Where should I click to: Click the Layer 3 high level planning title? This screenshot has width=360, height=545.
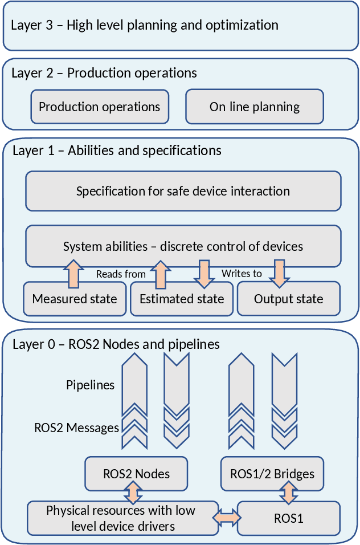[x=145, y=25]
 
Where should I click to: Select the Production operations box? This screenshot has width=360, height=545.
[x=100, y=107]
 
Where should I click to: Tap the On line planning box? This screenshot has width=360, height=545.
[x=255, y=107]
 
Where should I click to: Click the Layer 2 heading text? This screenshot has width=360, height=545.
[x=104, y=73]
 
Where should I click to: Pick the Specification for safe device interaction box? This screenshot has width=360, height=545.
[x=183, y=191]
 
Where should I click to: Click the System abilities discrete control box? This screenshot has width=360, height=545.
[x=183, y=246]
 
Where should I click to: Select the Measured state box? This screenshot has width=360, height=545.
[x=75, y=299]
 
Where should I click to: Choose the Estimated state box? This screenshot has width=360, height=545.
[x=182, y=299]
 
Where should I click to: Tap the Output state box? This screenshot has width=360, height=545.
[x=288, y=299]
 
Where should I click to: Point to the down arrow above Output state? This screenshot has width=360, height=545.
[x=279, y=272]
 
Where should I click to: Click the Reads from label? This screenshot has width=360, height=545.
[x=121, y=274]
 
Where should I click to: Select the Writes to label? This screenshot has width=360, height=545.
[x=242, y=274]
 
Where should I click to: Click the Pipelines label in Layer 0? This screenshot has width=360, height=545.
[x=90, y=385]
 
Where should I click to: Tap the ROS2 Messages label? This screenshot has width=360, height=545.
[x=77, y=428]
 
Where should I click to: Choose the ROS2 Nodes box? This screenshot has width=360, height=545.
[x=136, y=474]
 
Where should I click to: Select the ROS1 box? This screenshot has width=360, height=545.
[x=289, y=518]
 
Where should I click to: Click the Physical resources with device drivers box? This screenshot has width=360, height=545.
[x=123, y=518]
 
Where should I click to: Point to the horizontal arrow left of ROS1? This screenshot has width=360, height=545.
[x=228, y=518]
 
